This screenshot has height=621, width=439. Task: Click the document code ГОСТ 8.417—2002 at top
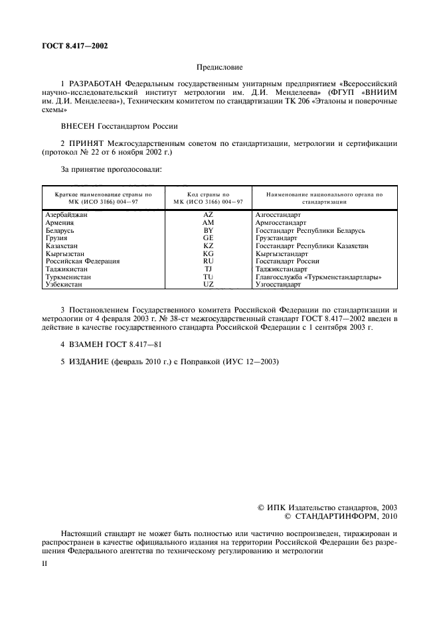[x=70, y=46]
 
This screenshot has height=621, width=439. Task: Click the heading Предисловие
[x=219, y=68]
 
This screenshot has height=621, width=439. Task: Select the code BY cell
[x=208, y=230]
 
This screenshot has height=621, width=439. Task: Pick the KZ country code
[x=208, y=245]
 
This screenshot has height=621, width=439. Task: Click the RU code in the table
[x=208, y=261]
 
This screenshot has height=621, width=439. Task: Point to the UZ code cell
[x=208, y=284]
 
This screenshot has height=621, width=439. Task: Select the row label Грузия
[x=56, y=238]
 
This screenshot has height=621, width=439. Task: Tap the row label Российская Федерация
[x=82, y=261]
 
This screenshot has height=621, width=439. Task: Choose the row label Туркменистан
[x=69, y=277]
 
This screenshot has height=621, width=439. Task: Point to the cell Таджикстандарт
[x=282, y=269]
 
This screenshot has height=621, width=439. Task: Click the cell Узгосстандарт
[x=278, y=284]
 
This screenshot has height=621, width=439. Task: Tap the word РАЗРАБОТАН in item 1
[x=96, y=84]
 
